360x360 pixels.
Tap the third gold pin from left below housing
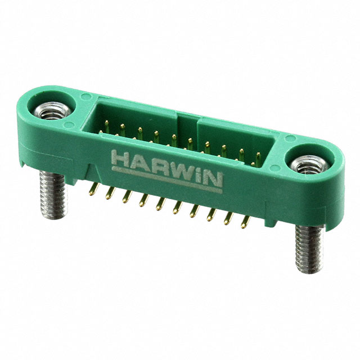(127, 197)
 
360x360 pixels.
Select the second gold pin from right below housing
(228, 218)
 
